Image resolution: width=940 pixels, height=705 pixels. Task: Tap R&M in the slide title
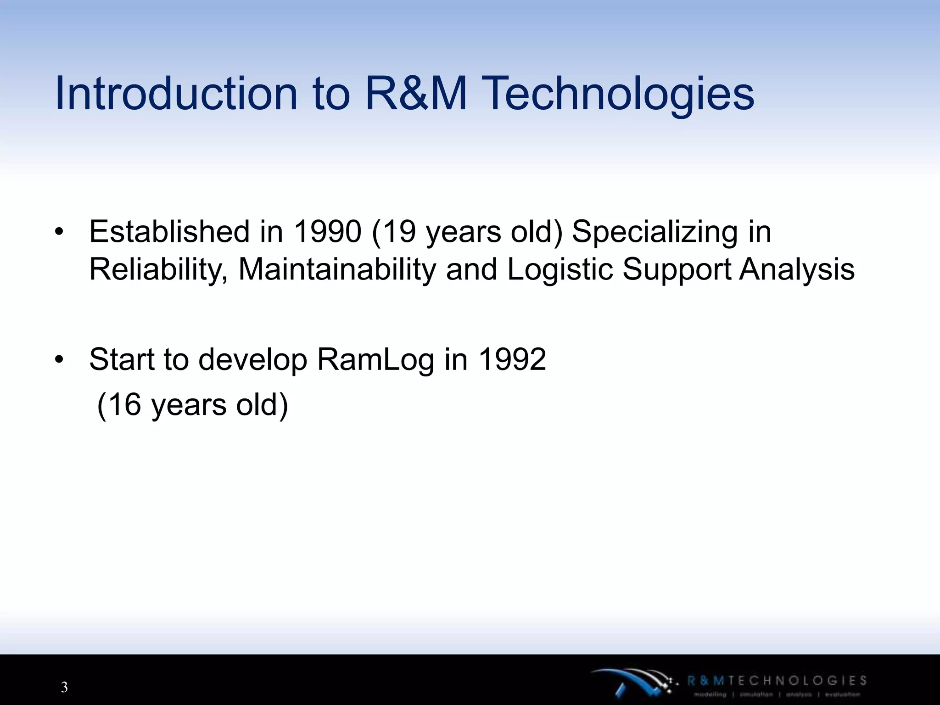416,94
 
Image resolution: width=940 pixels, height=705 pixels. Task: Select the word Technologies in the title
619,94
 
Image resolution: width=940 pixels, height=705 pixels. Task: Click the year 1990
327,231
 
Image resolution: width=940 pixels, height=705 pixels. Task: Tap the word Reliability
158,270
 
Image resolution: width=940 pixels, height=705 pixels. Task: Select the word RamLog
375,360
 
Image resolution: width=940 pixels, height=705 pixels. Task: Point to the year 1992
512,359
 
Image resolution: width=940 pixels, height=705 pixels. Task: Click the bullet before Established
58,232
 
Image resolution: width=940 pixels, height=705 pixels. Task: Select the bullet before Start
58,360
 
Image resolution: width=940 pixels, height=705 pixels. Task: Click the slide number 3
64,687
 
